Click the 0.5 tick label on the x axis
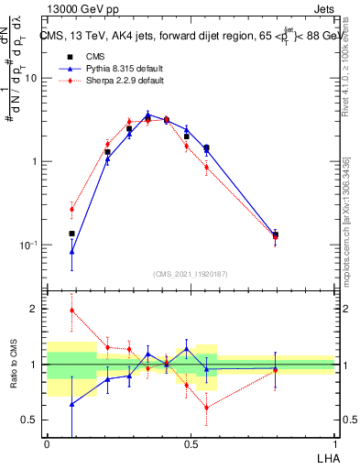191,443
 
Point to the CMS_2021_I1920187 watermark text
191,274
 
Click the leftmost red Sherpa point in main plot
72,209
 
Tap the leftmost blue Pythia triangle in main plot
72,250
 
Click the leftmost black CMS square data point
72,234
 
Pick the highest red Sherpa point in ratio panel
72,310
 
